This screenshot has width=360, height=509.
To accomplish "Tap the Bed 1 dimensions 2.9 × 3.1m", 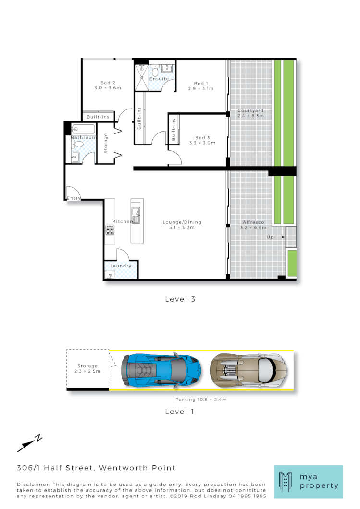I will point(201,89).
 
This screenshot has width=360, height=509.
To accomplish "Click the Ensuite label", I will point(159,78).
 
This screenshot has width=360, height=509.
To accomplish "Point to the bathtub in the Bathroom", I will point(84,129).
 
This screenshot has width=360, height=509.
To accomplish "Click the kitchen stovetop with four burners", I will point(110,230).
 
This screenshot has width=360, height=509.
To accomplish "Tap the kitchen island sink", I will point(136,219).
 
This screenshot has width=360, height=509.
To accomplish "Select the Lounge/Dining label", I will point(182,222).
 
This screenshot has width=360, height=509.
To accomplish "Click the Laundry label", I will point(121,266).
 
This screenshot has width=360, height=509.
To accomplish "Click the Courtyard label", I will point(250,111).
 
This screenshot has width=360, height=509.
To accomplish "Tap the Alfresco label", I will point(253,222).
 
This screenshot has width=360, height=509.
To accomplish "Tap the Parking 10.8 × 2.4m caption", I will point(200,399).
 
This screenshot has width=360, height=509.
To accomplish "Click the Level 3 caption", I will point(180,299).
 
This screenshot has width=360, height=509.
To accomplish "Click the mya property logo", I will point(308,482).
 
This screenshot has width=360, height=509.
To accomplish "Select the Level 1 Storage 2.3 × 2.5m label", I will point(88,369).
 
